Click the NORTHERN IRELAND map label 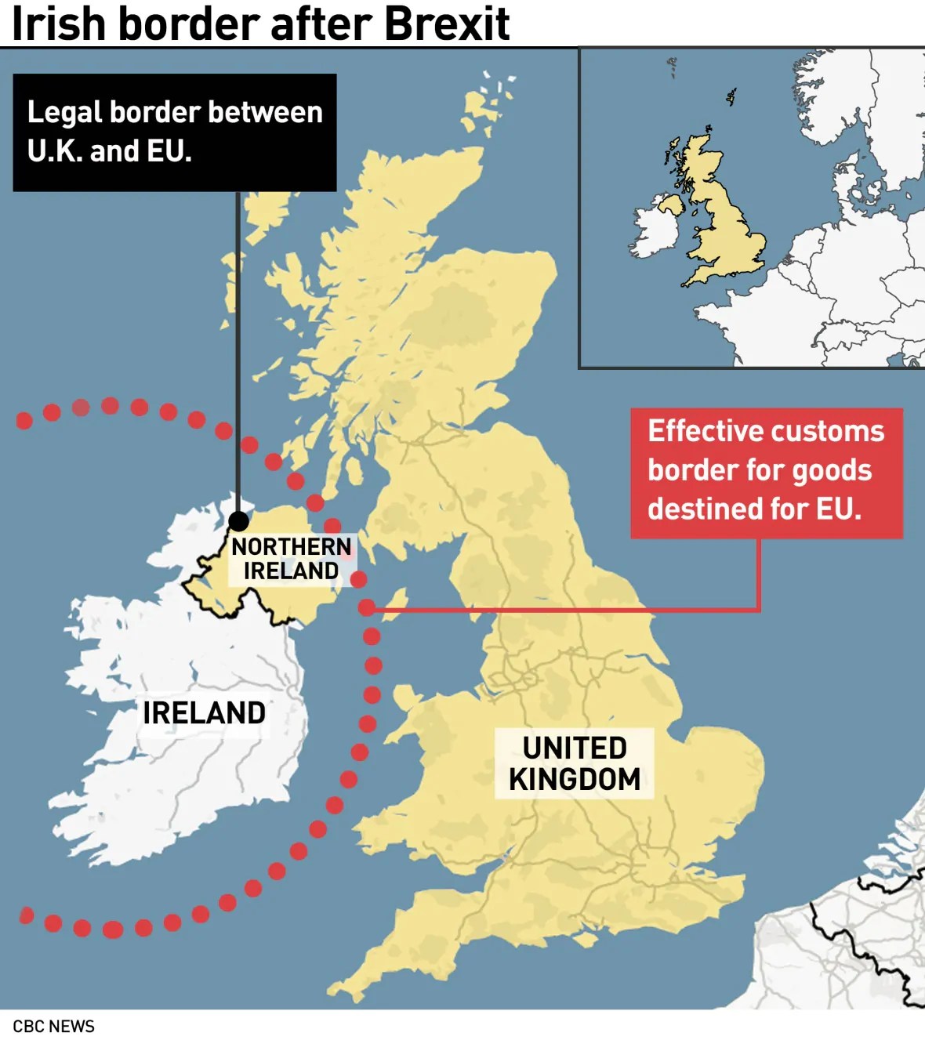tap(292, 558)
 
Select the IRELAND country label tap(204, 713)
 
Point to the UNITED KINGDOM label tap(575, 763)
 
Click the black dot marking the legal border tap(238, 521)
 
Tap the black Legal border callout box tap(175, 132)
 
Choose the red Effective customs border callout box tap(766, 473)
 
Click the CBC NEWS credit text tap(53, 1026)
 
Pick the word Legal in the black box tap(65, 113)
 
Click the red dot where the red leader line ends tap(367, 607)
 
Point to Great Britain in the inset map tap(725, 227)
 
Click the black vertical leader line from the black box tap(238, 353)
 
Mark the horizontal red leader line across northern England tap(564, 609)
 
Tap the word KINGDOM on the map tap(575, 780)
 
